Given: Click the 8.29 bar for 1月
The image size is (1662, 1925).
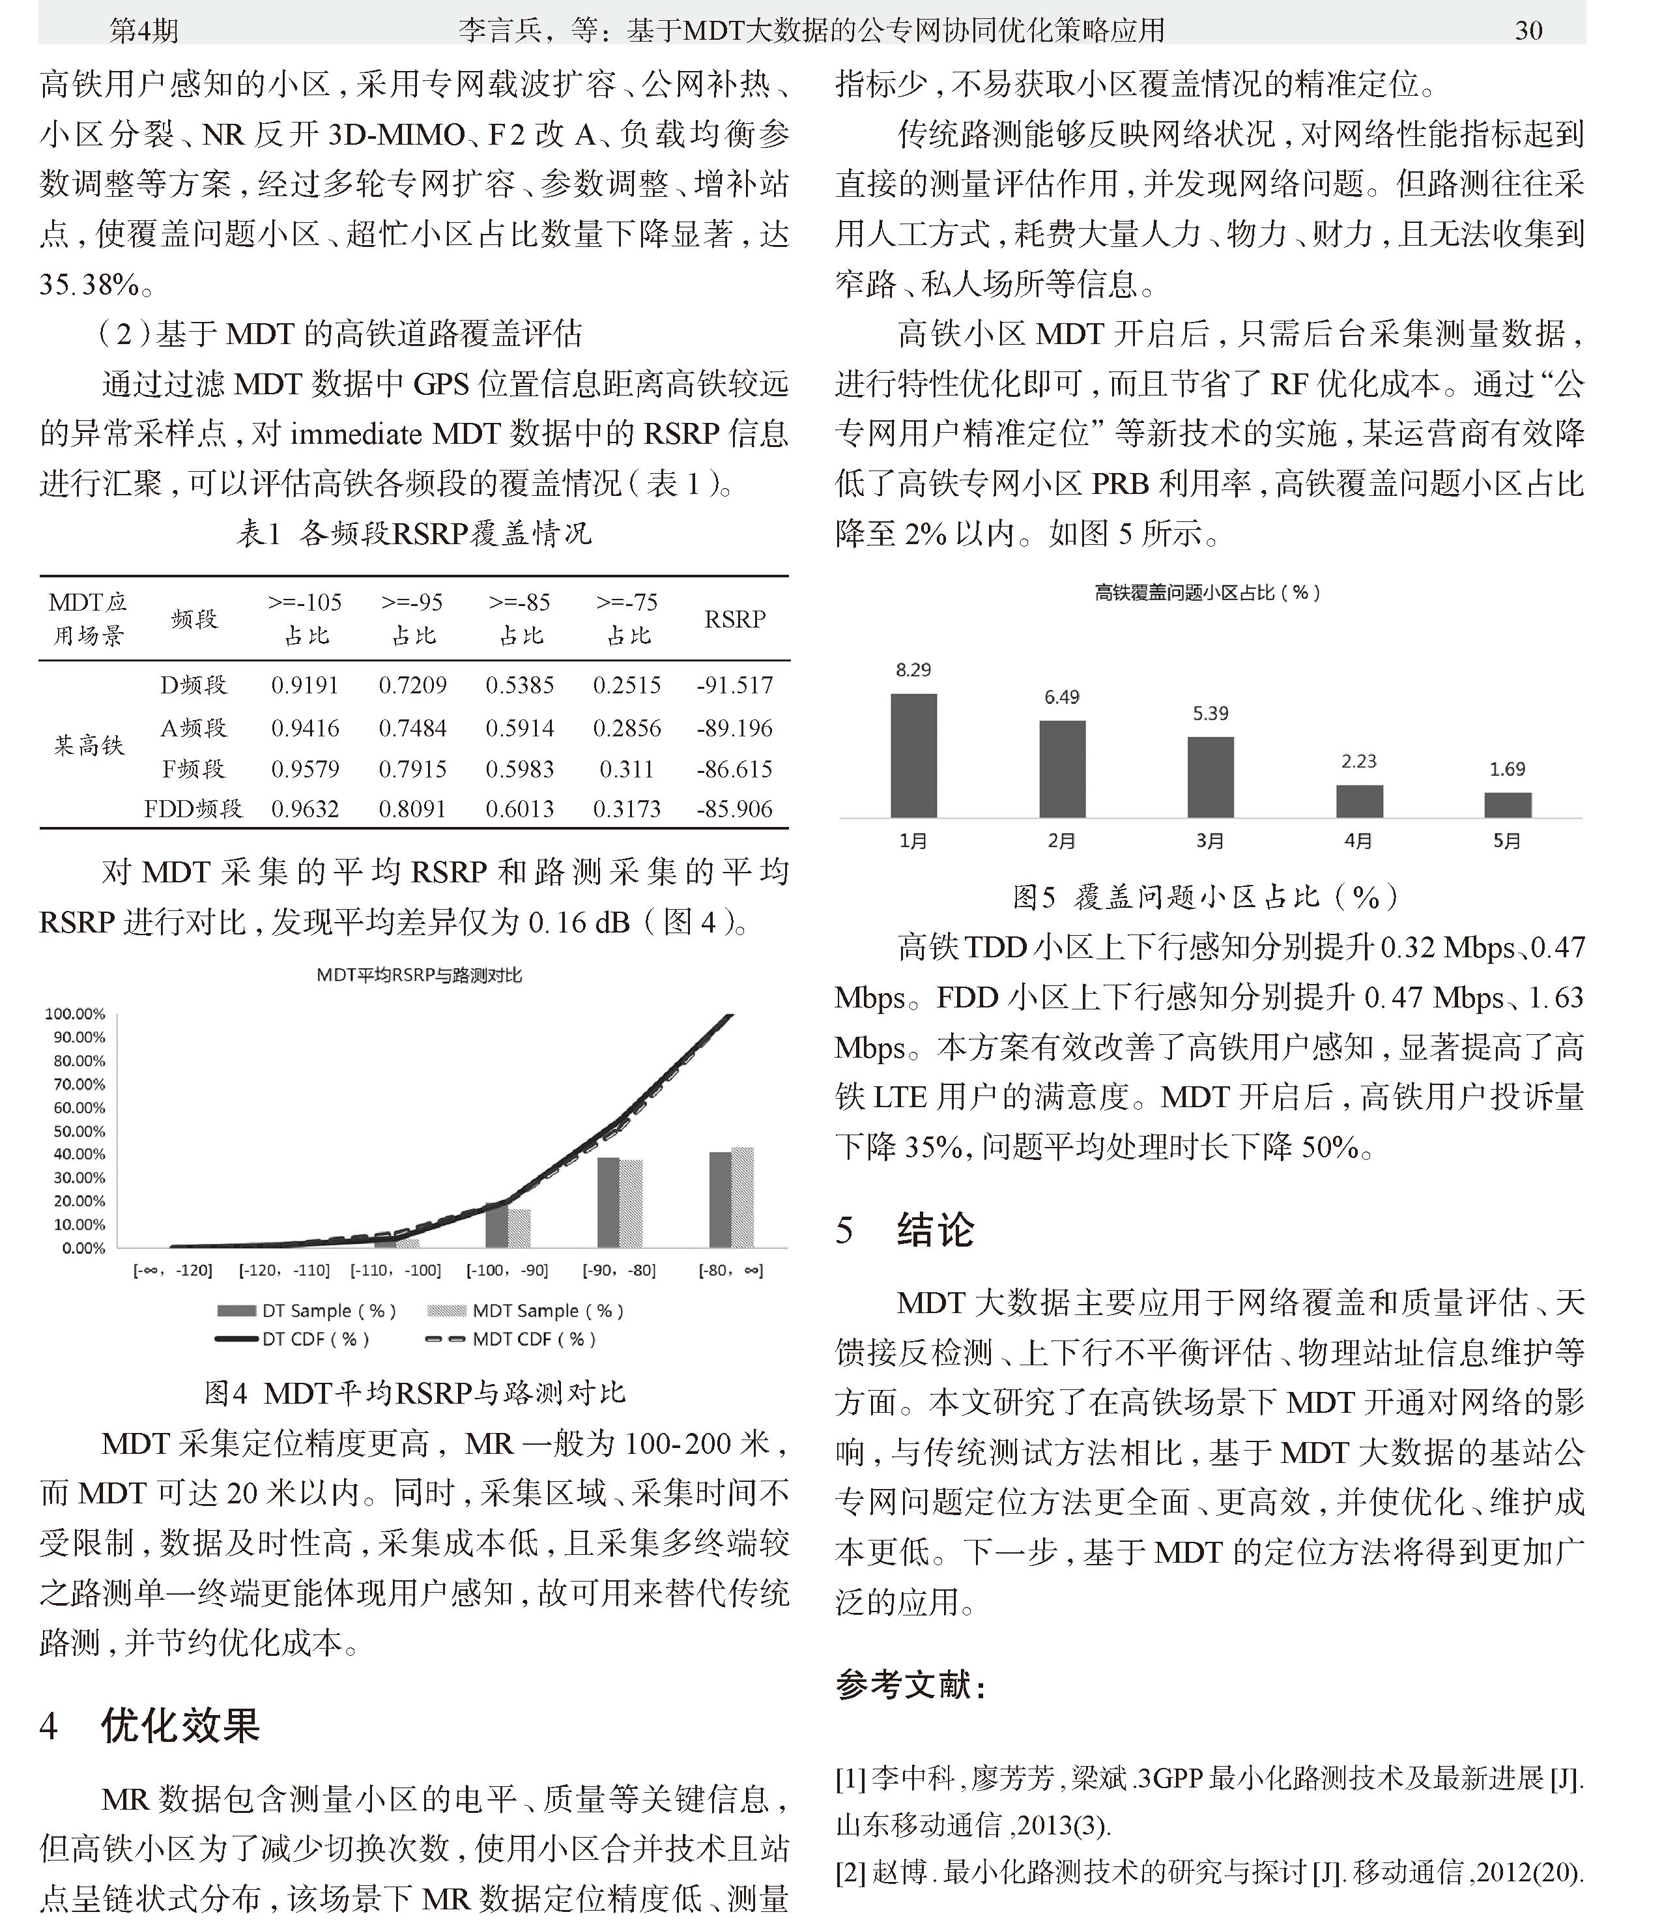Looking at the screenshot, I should click(913, 755).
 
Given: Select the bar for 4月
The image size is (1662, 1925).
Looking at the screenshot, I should click(1358, 801).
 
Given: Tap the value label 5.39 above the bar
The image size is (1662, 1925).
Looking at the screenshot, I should click(1211, 714).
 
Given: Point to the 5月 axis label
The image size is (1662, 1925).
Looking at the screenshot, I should click(1507, 841).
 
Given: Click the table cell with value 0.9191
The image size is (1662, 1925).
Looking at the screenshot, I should click(305, 686).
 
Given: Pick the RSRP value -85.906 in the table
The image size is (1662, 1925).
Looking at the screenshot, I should click(734, 809).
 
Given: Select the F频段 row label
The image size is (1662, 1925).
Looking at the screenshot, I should click(193, 769).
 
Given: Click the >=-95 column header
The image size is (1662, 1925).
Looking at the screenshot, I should click(412, 618).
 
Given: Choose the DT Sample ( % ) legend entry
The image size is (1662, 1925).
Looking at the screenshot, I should click(307, 1311).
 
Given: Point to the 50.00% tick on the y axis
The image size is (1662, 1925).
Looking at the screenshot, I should click(76, 1131).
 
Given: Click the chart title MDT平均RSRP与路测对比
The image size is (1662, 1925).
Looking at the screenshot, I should click(419, 976).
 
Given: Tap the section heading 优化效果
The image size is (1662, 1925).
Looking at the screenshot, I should click(180, 1725).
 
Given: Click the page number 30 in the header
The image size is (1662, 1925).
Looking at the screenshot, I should click(1528, 31).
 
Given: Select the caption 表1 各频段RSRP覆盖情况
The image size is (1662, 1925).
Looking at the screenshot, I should click(414, 533).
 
